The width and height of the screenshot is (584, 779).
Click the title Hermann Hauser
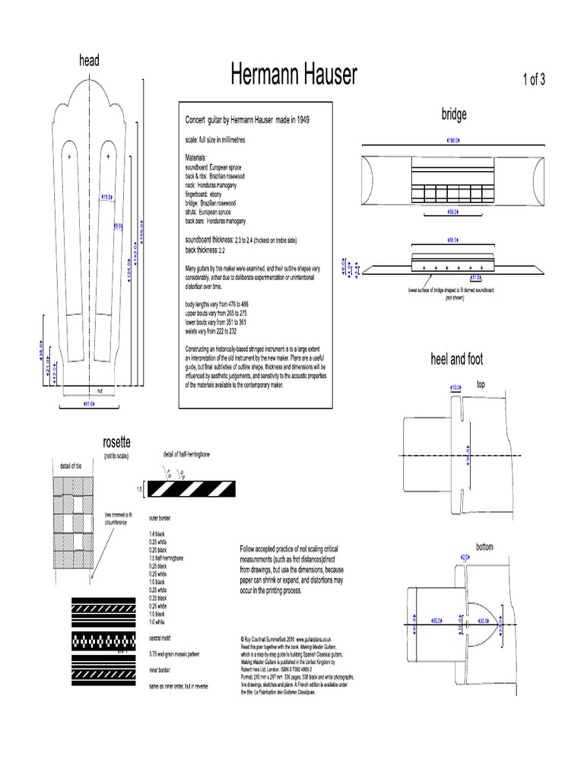coord(294,75)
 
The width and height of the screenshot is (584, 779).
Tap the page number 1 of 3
coord(533,81)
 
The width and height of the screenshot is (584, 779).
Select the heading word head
coord(90,61)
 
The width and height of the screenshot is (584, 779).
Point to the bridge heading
coord(454,114)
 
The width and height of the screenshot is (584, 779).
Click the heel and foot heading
coord(456,359)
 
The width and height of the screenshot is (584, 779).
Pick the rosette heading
coord(116,442)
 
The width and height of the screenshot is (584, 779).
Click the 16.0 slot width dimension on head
coord(107,196)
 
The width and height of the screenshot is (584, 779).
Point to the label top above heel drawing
coord(481,385)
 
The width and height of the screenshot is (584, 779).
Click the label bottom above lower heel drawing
coord(484,547)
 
